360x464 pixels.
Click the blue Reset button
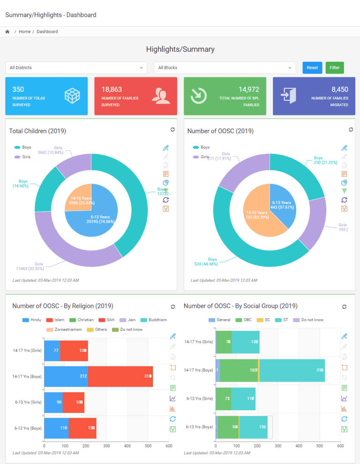[x=312, y=68]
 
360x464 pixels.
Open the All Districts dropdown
[x=76, y=68]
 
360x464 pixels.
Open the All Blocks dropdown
[x=225, y=68]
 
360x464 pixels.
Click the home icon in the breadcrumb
[x=7, y=31]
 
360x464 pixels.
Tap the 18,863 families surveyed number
[x=112, y=89]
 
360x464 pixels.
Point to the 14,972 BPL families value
[x=249, y=89]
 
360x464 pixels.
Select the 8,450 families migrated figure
[x=339, y=89]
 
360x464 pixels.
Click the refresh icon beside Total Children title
[x=172, y=129]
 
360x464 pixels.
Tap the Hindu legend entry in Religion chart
[x=33, y=320]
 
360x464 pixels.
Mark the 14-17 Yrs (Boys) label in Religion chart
[x=27, y=376]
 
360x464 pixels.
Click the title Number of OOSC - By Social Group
[x=240, y=306]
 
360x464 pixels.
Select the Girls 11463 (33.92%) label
[x=32, y=266]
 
